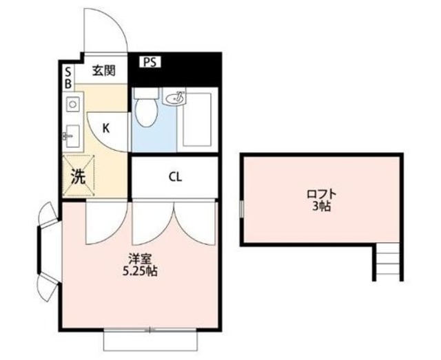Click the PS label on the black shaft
coord(151,62)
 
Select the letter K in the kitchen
coord(106,127)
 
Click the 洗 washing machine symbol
coord(78,176)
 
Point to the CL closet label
coord(175,176)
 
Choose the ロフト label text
coord(320,193)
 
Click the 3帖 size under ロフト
coord(320,206)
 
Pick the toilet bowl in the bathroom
coord(145,112)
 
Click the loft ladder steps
coord(388,262)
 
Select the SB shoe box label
coord(68,76)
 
